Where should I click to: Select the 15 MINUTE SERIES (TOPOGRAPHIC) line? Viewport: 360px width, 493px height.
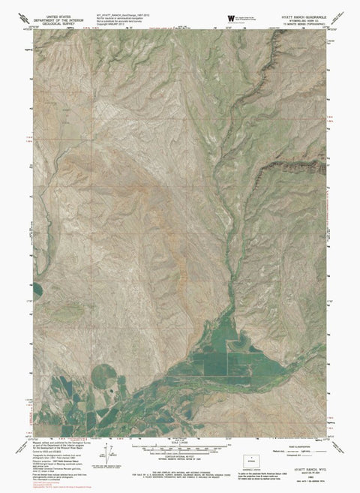click(298, 23)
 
